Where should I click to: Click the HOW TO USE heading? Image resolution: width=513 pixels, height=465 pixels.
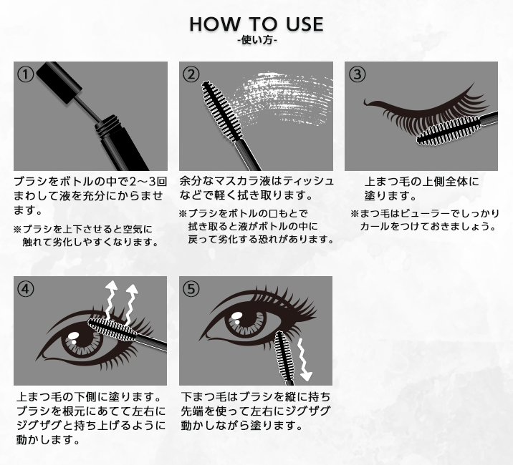coord(256,24)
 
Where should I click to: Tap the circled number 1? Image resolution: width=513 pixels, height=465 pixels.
coord(26,74)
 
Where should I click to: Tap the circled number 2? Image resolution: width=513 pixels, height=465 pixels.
coord(191,74)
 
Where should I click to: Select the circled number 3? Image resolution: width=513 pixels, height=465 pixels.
coord(357,74)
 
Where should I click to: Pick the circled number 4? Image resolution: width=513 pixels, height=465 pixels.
coord(26,289)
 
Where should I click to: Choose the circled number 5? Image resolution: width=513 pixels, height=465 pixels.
coord(191,289)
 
